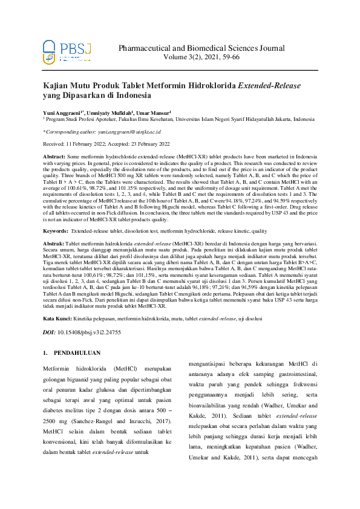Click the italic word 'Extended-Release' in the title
(269, 86)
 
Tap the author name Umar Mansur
(154, 112)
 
